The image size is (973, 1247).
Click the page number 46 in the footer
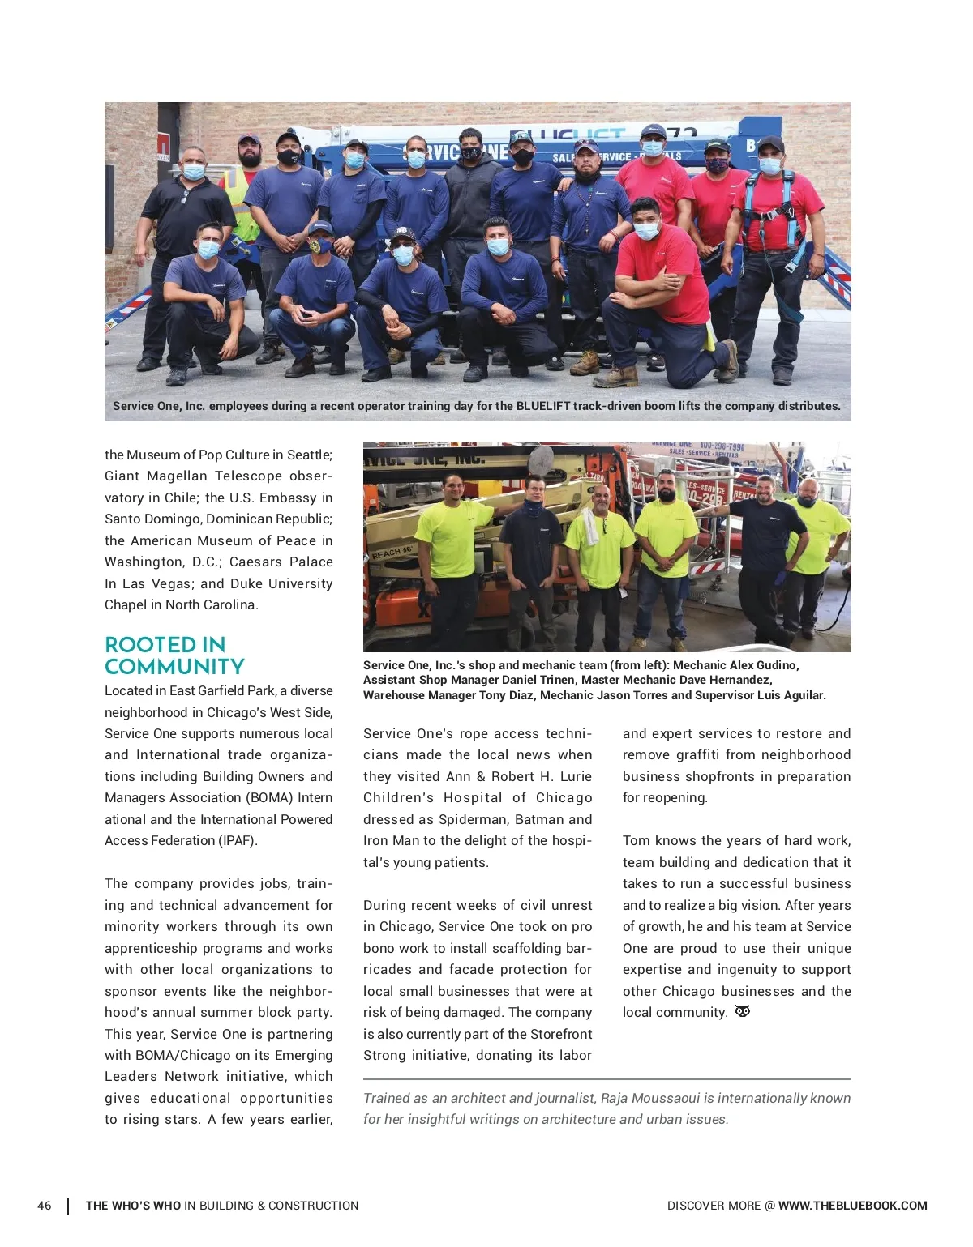click(44, 1206)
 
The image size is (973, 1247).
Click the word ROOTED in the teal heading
click(143, 645)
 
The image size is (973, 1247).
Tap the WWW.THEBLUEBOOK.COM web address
click(852, 1206)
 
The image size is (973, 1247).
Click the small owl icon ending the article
click(742, 1011)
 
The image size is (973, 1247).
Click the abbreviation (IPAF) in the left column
click(237, 840)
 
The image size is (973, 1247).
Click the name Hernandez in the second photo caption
click(735, 680)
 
